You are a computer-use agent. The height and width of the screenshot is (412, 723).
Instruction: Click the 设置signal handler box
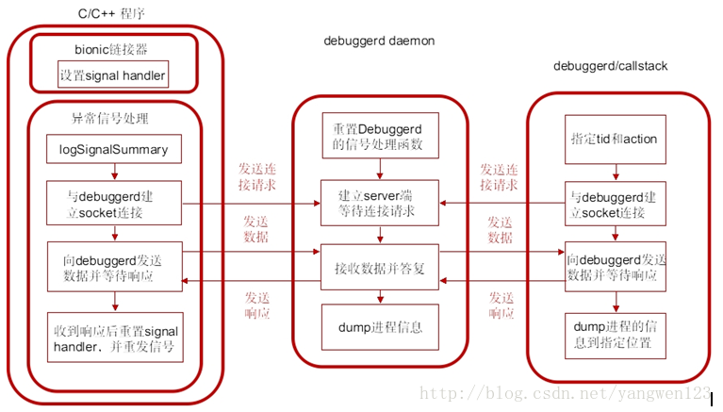[x=113, y=74]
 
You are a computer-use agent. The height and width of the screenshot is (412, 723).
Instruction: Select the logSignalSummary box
[x=113, y=148]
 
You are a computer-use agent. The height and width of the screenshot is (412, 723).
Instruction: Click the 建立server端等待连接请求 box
[x=380, y=203]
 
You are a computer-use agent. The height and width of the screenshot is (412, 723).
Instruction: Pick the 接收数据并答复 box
[x=380, y=267]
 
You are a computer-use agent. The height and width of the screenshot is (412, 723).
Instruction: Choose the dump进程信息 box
[x=380, y=327]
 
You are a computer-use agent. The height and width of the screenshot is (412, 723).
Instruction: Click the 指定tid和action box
[x=616, y=139]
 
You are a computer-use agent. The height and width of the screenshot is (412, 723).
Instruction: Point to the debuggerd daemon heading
[x=379, y=41]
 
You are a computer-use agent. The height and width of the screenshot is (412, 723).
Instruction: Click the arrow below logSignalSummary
[x=113, y=172]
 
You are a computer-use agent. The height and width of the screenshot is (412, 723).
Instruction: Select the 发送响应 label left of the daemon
[x=256, y=304]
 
